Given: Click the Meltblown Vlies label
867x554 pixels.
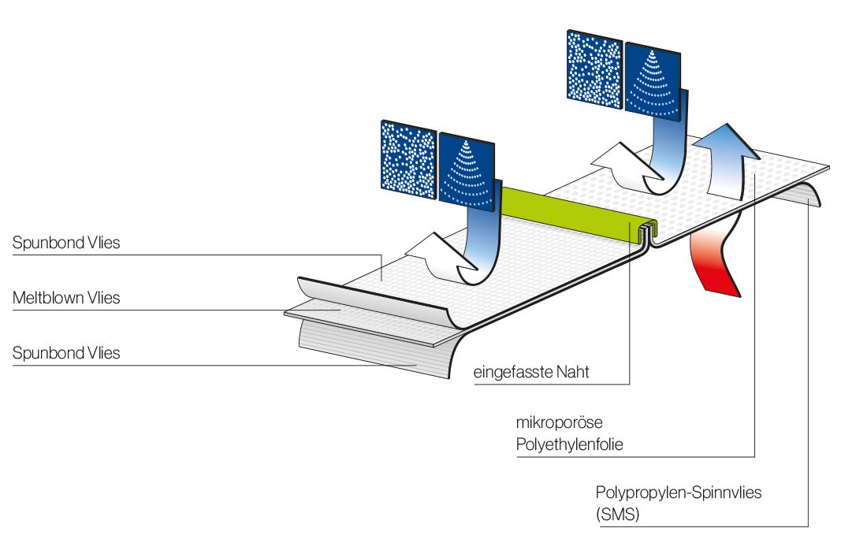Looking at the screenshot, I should pyautogui.click(x=66, y=298).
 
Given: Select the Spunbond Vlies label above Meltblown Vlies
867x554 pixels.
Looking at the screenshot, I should pyautogui.click(x=66, y=243).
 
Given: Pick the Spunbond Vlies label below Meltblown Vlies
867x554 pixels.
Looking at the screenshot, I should pyautogui.click(x=66, y=353).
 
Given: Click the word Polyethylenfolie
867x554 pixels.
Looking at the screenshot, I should pyautogui.click(x=569, y=445).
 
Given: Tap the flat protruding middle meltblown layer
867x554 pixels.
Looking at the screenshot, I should pyautogui.click(x=331, y=315).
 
